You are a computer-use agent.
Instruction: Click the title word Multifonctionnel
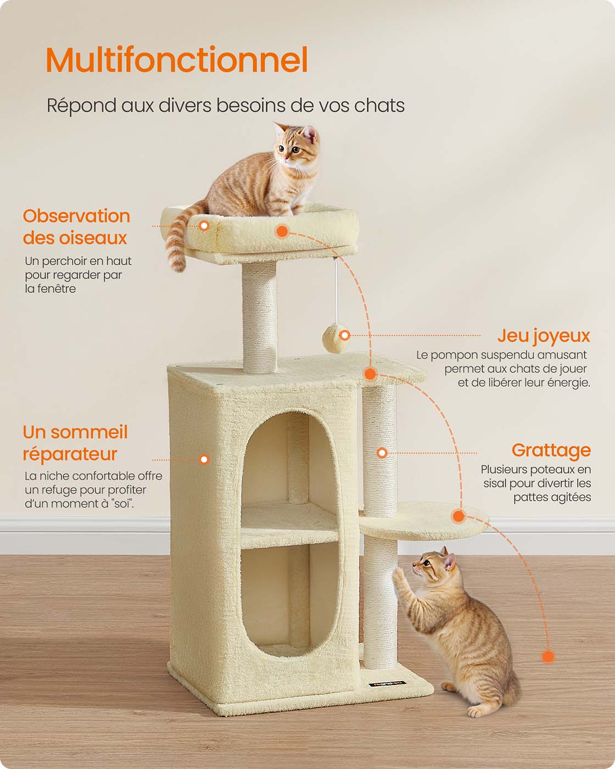coord(176,59)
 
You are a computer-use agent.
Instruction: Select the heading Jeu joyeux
coord(544,336)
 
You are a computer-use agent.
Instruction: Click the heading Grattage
coord(551,450)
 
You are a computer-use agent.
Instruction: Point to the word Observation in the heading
coord(76,216)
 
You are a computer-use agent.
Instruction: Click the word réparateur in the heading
coord(70,454)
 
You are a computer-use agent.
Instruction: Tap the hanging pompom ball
coord(335,337)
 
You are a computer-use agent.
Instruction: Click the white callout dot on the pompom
coord(345,335)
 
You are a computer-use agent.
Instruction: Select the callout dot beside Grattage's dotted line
coord(382,453)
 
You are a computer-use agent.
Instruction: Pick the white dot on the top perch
coord(204,226)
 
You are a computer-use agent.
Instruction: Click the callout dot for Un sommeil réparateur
coord(204,459)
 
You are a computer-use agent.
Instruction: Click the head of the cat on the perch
coord(297,143)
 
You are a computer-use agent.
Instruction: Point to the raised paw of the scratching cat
coord(399,576)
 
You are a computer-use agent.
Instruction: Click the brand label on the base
coord(387,684)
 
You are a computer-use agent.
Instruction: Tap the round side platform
coord(424,520)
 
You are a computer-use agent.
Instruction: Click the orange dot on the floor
coord(548,656)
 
